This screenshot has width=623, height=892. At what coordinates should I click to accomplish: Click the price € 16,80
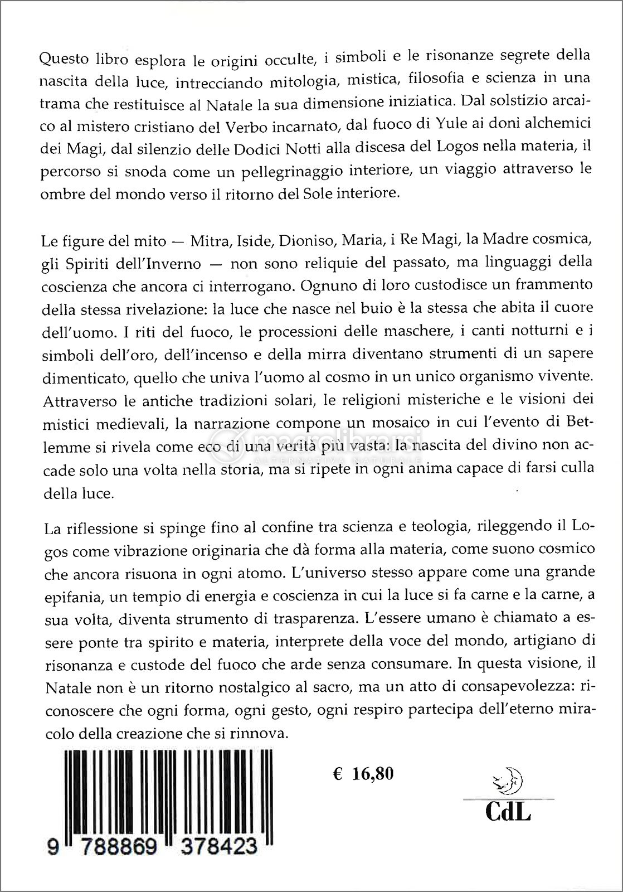tap(360, 774)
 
